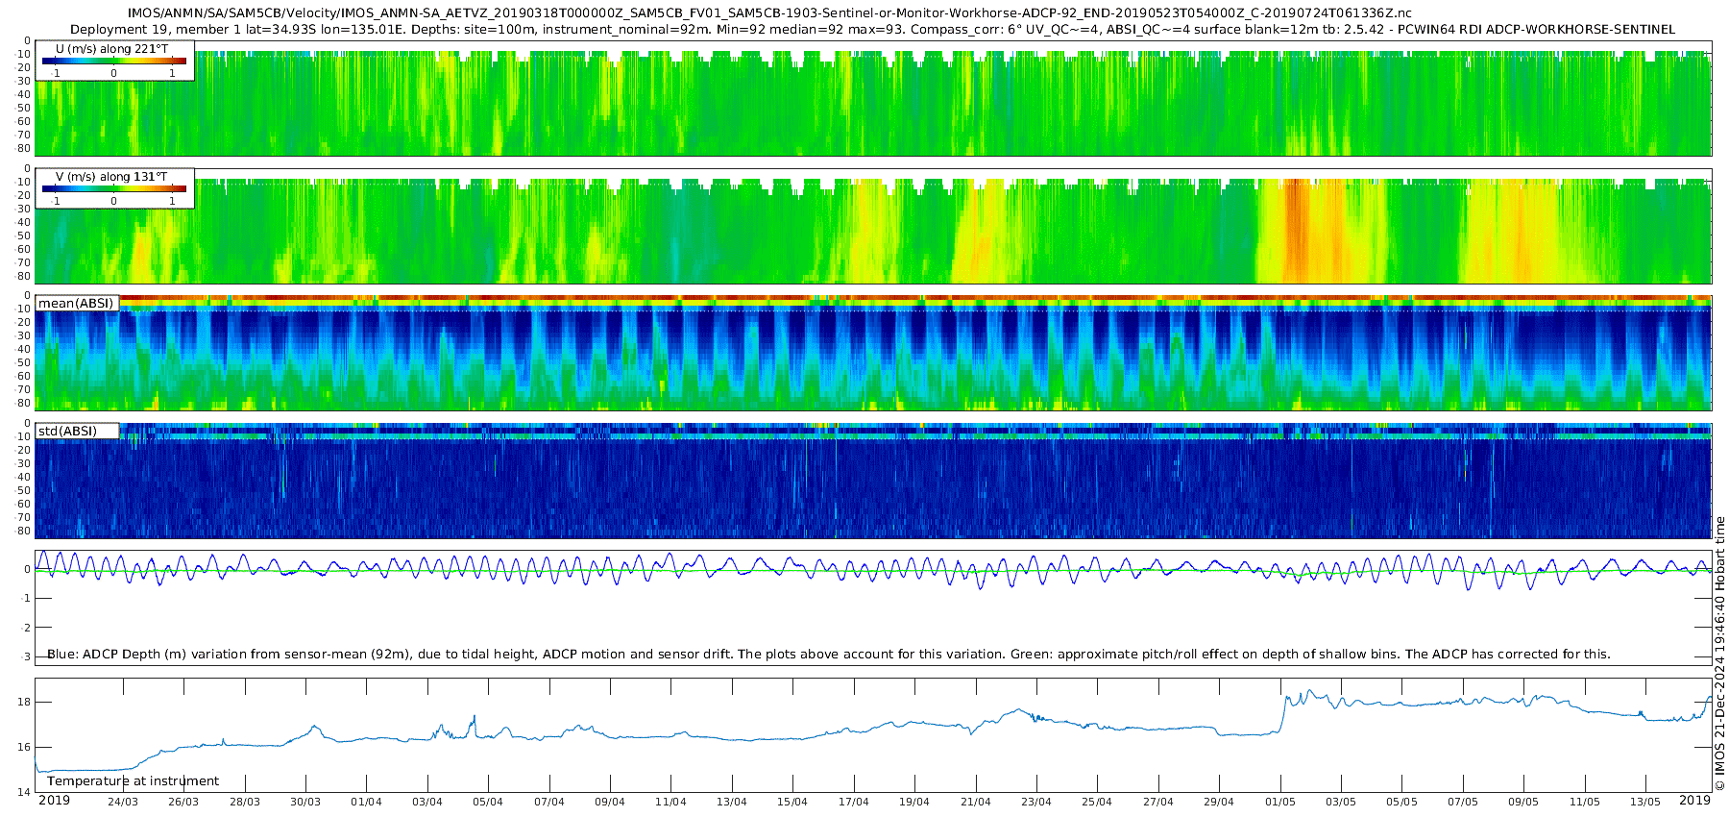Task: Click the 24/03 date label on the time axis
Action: click(122, 802)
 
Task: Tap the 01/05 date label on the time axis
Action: click(1279, 802)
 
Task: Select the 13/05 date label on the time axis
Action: click(1644, 802)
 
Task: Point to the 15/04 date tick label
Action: click(792, 802)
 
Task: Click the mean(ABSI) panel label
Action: click(76, 304)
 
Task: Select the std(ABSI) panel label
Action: click(67, 432)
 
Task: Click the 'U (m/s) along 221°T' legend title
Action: click(111, 49)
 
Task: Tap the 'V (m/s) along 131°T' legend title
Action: click(111, 177)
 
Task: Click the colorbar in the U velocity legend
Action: click(114, 61)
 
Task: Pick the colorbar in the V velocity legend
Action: click(114, 188)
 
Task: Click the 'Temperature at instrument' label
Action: click(133, 781)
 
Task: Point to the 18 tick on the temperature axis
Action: click(24, 703)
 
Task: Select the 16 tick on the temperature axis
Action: click(24, 747)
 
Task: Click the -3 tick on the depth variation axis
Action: click(25, 657)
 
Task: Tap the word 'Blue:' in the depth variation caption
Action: click(62, 655)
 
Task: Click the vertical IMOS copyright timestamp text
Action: click(1719, 654)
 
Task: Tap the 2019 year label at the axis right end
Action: click(1694, 801)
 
